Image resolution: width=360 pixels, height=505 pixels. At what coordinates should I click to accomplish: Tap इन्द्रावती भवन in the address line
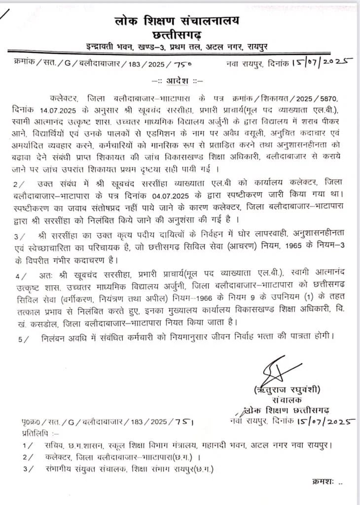tap(107, 47)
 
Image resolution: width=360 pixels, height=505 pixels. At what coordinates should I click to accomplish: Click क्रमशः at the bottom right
tap(324, 480)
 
